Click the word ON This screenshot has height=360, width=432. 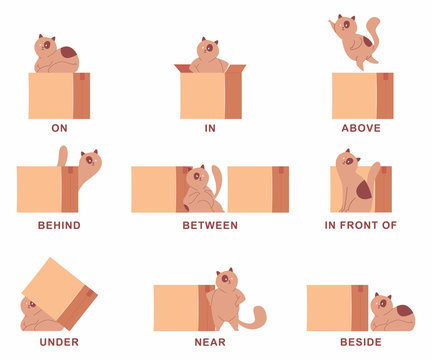tap(59, 128)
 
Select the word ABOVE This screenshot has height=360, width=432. tap(360, 128)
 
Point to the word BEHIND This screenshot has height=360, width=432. tap(59, 225)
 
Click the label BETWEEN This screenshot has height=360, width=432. tap(210, 225)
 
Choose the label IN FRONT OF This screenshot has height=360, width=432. tap(361, 225)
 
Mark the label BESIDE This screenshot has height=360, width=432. tap(361, 340)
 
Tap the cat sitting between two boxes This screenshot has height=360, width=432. tap(205, 190)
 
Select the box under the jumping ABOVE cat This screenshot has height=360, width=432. tap(362, 96)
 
